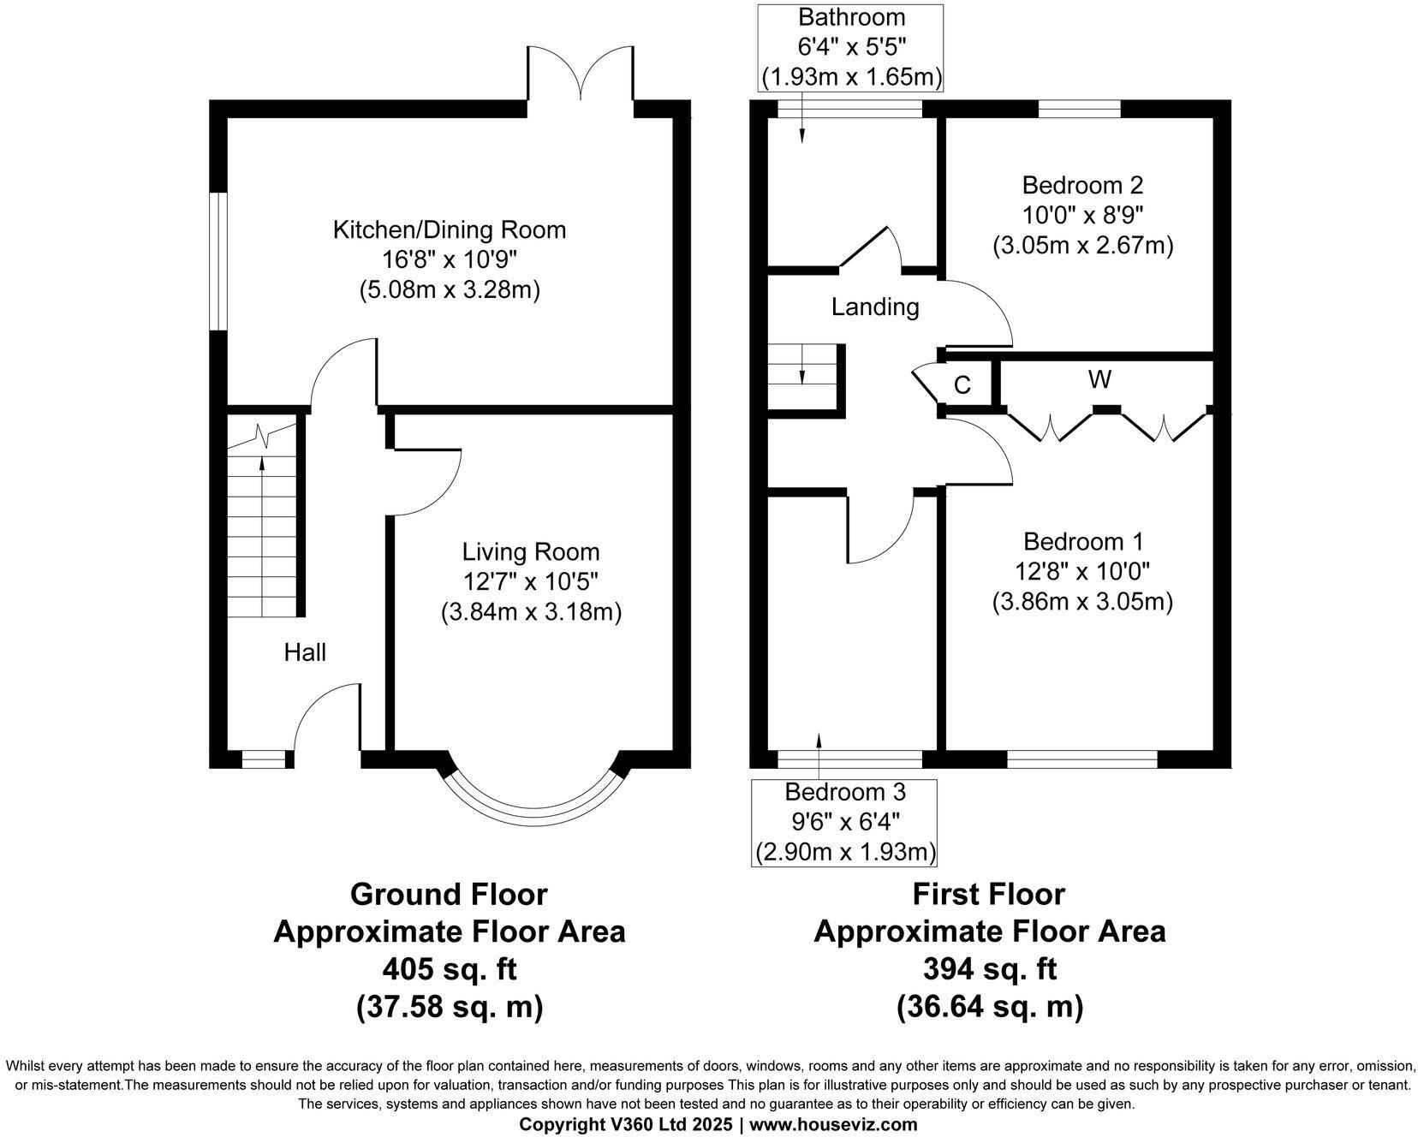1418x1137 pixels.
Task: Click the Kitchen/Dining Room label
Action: pyautogui.click(x=449, y=229)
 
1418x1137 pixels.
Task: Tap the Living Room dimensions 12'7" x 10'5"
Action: pyautogui.click(x=531, y=582)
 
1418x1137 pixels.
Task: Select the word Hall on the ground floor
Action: pyautogui.click(x=305, y=652)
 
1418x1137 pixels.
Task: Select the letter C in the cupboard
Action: pyautogui.click(x=962, y=385)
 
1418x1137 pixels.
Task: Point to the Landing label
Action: pyautogui.click(x=875, y=307)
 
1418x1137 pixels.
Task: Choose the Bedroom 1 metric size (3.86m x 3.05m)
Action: pyautogui.click(x=1082, y=602)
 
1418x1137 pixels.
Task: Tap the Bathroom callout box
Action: pyautogui.click(x=852, y=47)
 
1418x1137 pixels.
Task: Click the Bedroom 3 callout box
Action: pyautogui.click(x=844, y=822)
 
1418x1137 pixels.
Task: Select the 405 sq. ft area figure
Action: pyautogui.click(x=449, y=969)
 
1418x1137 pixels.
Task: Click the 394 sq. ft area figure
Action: pyautogui.click(x=989, y=969)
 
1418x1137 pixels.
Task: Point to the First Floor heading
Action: pyautogui.click(x=989, y=894)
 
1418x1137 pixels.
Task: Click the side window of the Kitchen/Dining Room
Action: pyautogui.click(x=219, y=260)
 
